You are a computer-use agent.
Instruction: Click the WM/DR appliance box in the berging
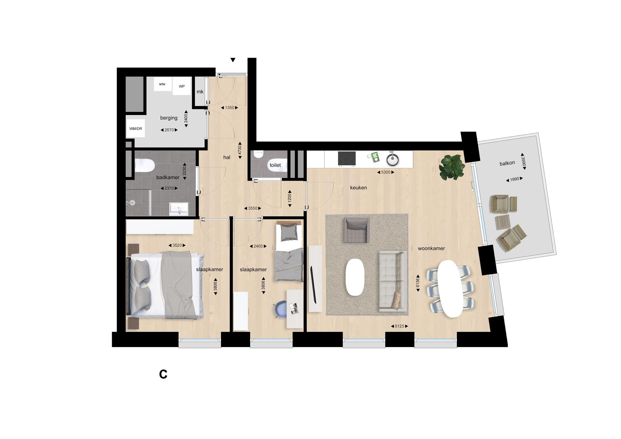tap(135, 129)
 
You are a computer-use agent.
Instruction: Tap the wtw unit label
tap(162, 84)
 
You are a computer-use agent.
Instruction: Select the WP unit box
tap(182, 86)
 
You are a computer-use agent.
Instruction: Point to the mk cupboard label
tap(200, 92)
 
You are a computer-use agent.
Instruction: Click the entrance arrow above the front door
tap(233, 60)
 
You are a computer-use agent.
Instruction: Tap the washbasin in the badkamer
tap(179, 209)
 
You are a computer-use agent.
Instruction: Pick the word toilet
tap(275, 165)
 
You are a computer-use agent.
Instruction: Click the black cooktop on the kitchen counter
tap(347, 158)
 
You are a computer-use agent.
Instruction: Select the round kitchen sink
tap(392, 160)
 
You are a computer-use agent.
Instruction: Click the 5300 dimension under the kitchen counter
tap(386, 172)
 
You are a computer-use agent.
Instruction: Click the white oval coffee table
tap(355, 277)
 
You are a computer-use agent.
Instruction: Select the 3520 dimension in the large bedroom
tap(177, 245)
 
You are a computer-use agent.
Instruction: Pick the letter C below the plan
tap(163, 374)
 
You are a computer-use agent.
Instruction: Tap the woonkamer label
tap(431, 248)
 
